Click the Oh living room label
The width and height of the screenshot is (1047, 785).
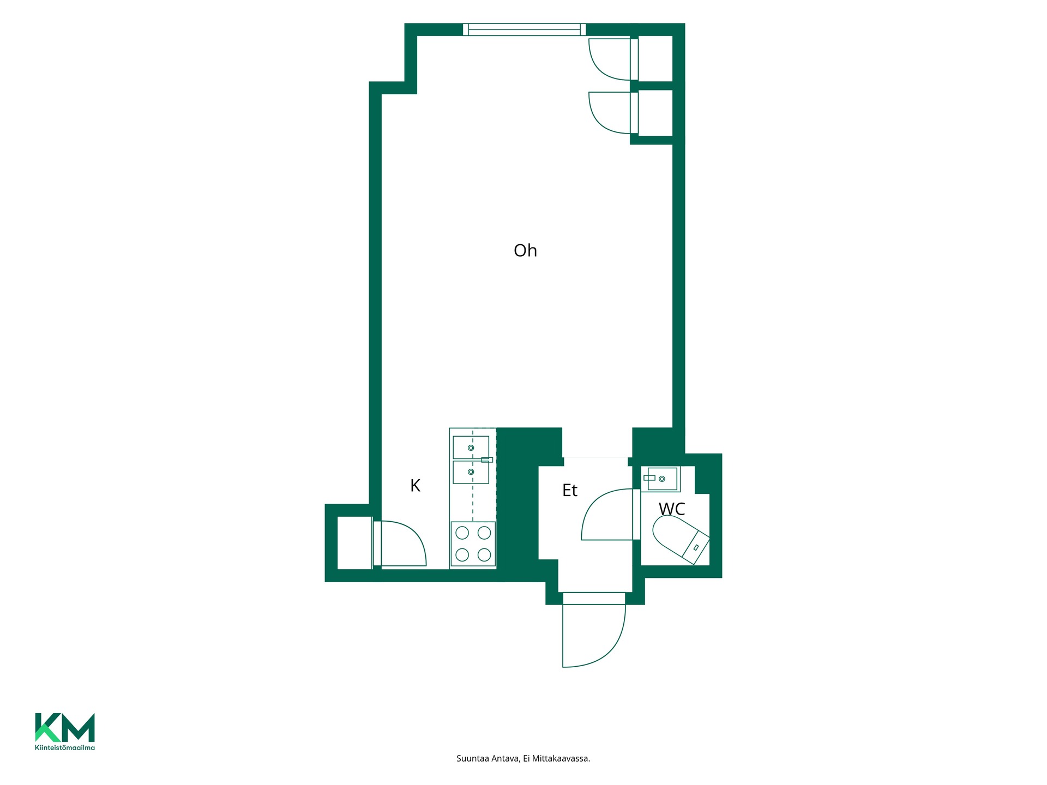coord(525,250)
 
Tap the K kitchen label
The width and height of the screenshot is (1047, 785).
coord(415,485)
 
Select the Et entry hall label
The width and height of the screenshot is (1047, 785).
coord(569,490)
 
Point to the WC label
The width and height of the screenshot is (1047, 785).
coord(672,509)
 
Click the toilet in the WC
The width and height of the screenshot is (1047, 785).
coord(681,539)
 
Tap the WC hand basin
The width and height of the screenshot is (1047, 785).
coord(662,479)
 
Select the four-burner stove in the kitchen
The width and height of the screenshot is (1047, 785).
coord(473,544)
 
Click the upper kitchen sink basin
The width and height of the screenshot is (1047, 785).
coord(471,448)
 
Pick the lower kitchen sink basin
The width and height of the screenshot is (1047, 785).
coord(471,472)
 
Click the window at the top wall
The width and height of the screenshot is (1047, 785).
coord(525,29)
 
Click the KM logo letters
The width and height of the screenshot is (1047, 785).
coord(65,727)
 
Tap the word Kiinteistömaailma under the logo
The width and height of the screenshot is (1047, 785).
coord(65,748)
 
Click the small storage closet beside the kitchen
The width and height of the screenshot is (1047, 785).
coord(355,543)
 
